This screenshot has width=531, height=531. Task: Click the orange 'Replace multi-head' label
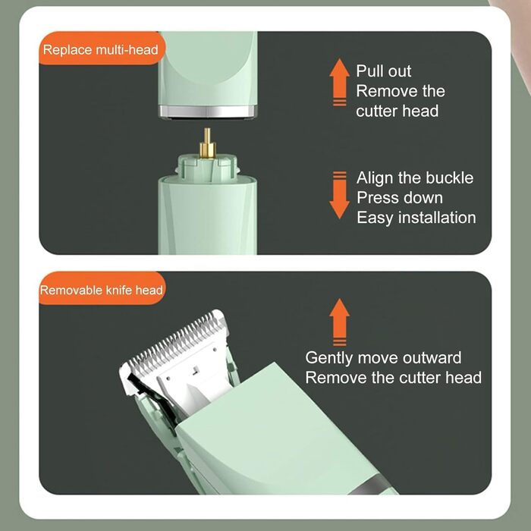tap(102, 49)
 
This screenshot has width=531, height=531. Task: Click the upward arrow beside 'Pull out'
tap(339, 82)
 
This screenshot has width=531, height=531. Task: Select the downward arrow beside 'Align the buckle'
tap(339, 195)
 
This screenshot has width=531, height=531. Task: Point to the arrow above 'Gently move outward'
tap(339, 322)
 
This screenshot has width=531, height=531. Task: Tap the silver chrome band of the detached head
tap(208, 112)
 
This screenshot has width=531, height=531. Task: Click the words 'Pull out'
tap(384, 71)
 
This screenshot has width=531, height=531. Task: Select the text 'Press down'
tap(400, 198)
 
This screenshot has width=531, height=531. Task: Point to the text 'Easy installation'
tap(416, 218)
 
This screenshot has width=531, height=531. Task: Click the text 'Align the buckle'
tap(415, 178)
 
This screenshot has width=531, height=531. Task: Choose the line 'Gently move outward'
tap(383, 358)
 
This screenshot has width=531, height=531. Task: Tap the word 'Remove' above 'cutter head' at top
tap(386, 91)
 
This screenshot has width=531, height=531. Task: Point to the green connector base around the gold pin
tap(207, 167)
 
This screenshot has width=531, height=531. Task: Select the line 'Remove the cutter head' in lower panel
tap(394, 378)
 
